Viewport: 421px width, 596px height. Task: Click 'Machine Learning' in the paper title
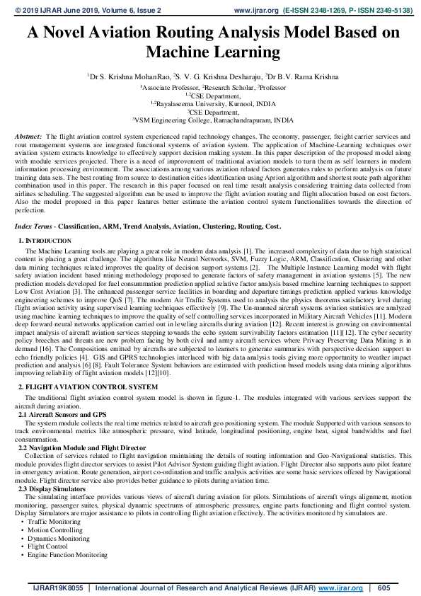click(x=212, y=52)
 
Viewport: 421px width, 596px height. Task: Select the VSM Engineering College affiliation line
click(x=212, y=120)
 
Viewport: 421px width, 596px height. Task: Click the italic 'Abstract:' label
click(x=28, y=134)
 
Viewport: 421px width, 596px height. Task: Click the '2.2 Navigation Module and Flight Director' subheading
click(x=82, y=448)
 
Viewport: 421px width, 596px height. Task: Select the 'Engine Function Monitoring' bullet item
click(x=68, y=555)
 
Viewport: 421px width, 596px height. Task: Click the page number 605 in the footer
click(x=384, y=588)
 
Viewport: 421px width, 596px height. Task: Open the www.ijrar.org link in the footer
click(x=340, y=588)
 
